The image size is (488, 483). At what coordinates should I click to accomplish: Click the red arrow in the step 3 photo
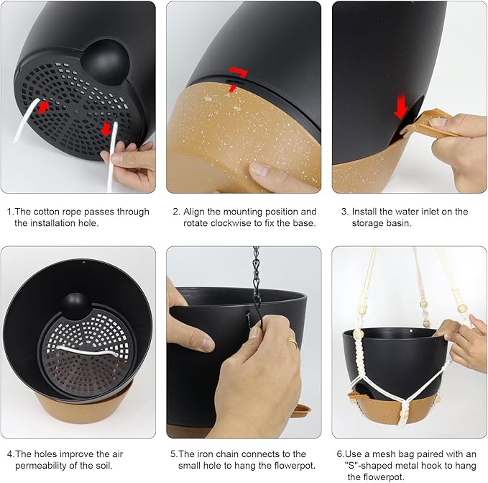pyautogui.click(x=401, y=107)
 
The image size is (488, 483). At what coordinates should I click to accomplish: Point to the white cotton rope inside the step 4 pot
pyautogui.click(x=85, y=352)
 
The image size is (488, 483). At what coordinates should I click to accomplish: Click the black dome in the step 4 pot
pyautogui.click(x=76, y=306)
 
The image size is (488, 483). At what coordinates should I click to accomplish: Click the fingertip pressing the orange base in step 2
pyautogui.click(x=262, y=171)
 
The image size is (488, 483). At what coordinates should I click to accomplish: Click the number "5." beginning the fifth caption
pyautogui.click(x=174, y=453)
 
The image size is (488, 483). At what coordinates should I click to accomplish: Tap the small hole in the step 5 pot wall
pyautogui.click(x=247, y=312)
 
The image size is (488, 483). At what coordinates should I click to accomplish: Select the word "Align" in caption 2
pyautogui.click(x=194, y=212)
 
